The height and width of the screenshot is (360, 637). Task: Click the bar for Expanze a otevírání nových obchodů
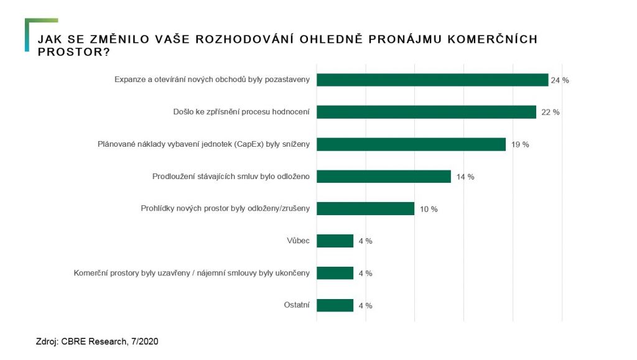[432, 80]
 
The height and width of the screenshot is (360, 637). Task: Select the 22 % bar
[426, 112]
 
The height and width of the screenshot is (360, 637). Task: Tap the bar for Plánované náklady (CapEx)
[411, 144]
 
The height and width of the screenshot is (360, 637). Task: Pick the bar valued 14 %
[384, 177]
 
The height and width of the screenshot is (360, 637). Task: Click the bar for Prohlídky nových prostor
[366, 208]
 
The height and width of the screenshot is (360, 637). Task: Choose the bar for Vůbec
[335, 241]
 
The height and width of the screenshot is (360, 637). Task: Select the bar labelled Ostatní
[335, 305]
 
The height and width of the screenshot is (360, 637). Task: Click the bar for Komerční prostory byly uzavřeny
[335, 273]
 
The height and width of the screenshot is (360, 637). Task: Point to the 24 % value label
[560, 80]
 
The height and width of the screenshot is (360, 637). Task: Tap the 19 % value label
[520, 145]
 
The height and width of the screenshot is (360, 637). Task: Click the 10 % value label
[429, 209]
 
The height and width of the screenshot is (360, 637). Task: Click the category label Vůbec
[298, 241]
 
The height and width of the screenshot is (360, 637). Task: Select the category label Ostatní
[296, 305]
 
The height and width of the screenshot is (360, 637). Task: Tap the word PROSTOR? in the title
[74, 52]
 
